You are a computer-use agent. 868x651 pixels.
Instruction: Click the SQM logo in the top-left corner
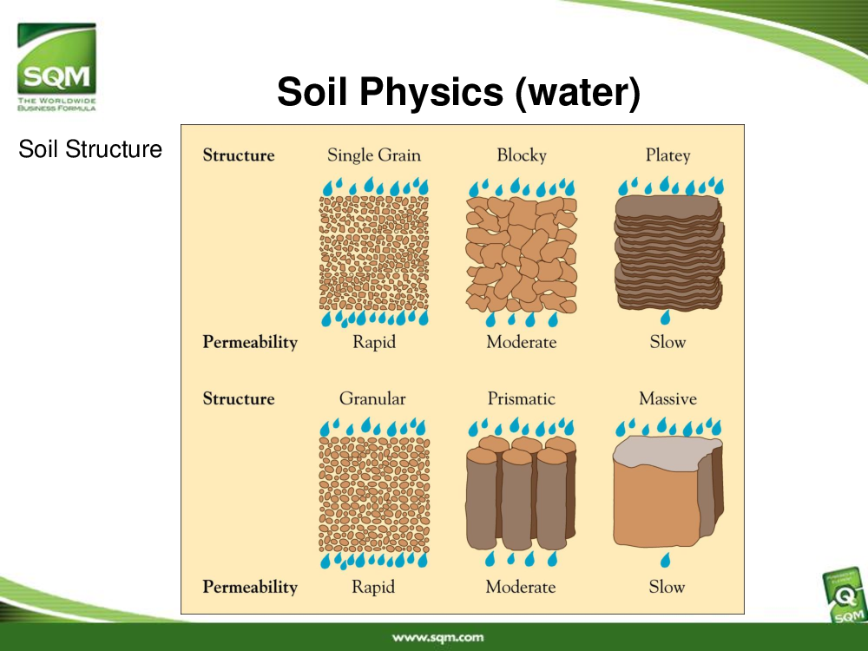56,67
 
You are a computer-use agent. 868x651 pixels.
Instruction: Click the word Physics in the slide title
431,92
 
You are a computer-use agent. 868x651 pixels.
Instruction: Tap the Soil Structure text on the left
90,149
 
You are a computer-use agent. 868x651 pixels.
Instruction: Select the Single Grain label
373,155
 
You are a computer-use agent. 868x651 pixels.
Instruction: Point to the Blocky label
522,155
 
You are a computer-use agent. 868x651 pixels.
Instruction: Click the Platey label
667,155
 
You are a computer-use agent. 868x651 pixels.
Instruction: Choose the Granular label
372,398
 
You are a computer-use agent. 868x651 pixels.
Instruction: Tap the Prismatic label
522,398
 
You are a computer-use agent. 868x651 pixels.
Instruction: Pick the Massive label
667,398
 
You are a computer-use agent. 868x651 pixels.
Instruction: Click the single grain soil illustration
374,253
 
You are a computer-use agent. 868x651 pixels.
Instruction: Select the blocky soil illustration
522,254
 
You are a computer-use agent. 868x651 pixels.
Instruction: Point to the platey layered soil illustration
668,253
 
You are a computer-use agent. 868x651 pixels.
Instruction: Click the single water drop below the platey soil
666,317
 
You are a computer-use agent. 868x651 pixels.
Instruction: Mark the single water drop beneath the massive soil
666,560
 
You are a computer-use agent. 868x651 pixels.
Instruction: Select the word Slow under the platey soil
667,342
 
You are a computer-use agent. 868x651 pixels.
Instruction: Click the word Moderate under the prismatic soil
520,587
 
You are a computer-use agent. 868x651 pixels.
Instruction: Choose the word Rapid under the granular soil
373,587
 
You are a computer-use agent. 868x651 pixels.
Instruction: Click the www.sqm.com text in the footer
437,638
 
